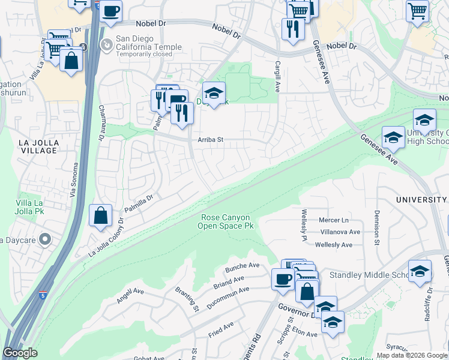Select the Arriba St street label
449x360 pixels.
tap(211, 140)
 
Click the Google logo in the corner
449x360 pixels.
tap(20, 353)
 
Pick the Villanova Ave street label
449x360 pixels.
tap(340, 232)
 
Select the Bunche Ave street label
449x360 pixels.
tap(242, 266)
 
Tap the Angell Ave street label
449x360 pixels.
tap(130, 295)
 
